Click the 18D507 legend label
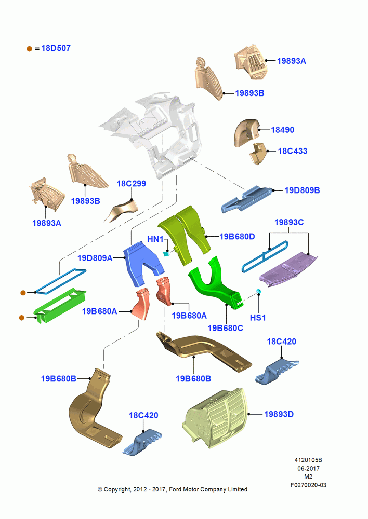tap(56, 48)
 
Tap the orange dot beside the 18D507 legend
tap(29, 49)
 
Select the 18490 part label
tap(282, 130)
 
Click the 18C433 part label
tap(293, 151)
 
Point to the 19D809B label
tap(302, 190)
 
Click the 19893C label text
tap(289, 222)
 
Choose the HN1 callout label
tap(155, 239)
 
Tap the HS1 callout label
tap(258, 318)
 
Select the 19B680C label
tap(225, 328)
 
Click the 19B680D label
tap(237, 236)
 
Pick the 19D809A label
tap(95, 258)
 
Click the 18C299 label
tap(132, 183)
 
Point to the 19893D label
tap(279, 414)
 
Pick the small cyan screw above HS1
tap(259, 291)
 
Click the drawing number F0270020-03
tap(308, 485)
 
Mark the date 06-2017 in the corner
tap(308, 468)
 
